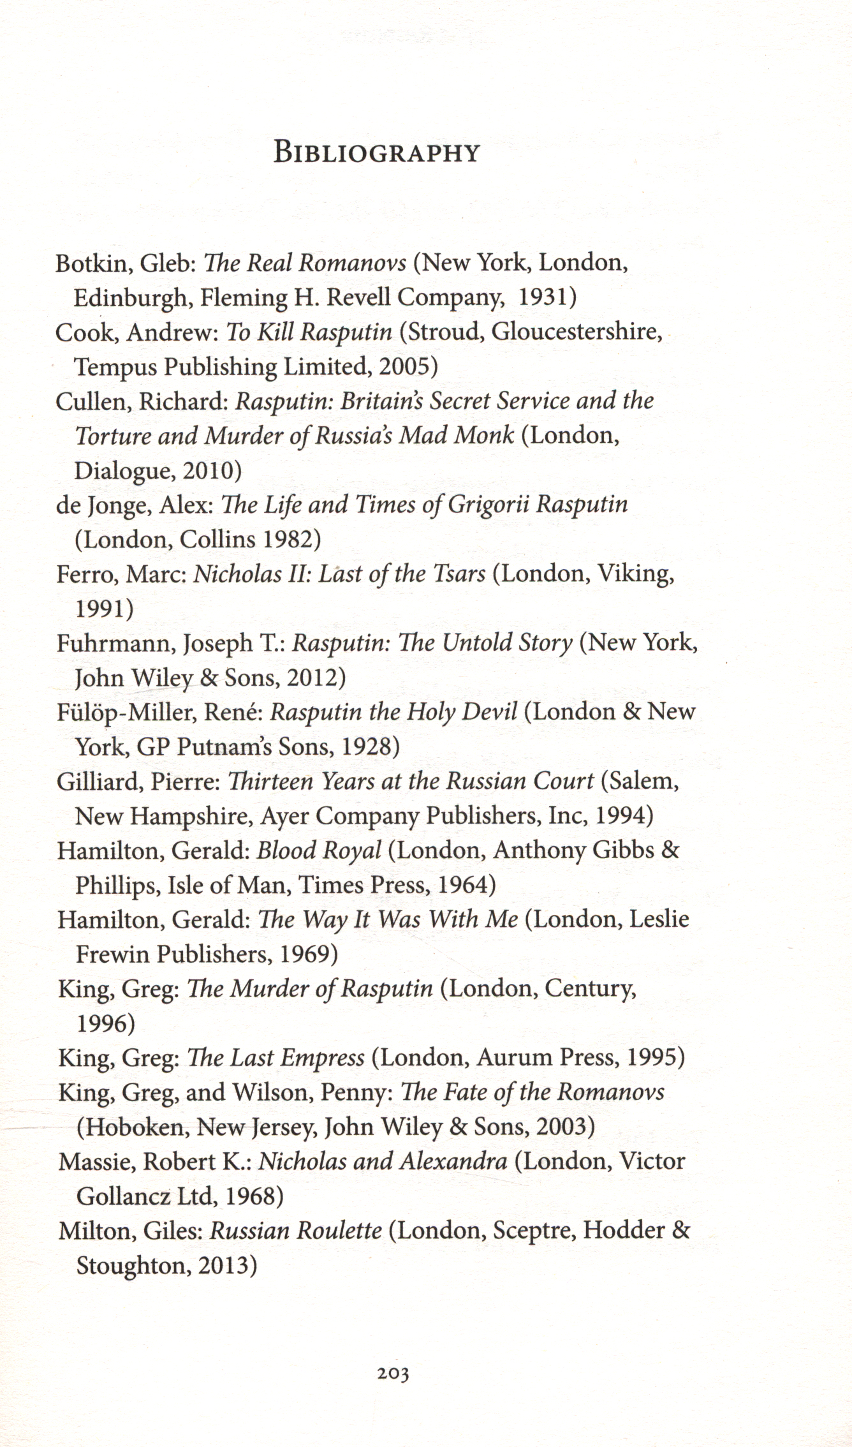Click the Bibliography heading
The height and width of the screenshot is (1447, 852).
(x=376, y=153)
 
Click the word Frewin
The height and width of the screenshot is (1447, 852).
(x=112, y=954)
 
